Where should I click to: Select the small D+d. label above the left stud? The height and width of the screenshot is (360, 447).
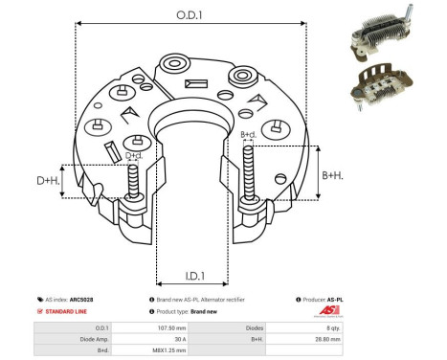(x=135, y=155)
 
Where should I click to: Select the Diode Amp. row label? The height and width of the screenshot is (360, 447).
(x=79, y=339)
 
